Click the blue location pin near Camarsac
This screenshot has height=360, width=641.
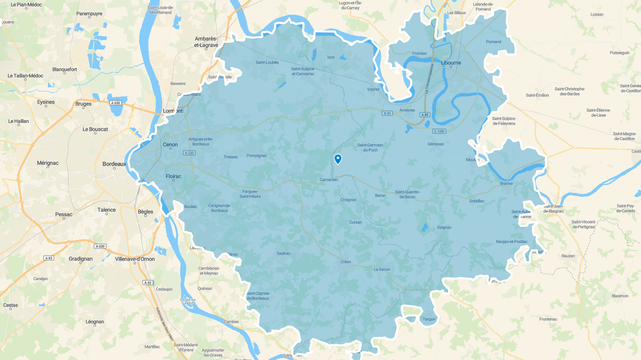338,159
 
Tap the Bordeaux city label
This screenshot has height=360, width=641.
114,164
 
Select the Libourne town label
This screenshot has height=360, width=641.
451,62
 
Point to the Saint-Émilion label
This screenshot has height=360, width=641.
537,95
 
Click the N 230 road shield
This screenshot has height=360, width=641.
189,153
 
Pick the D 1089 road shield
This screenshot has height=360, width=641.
439,131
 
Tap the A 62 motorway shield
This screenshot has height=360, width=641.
147,282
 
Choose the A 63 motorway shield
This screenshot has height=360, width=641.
49,258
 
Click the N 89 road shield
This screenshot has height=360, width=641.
387,112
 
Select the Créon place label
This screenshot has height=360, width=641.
346,262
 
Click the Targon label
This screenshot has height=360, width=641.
429,319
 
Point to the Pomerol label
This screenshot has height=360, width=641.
494,42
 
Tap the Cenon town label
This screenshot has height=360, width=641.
170,145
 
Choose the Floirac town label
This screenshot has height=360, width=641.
173,176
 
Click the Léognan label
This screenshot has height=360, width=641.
95,322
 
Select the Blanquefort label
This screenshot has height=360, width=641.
65,69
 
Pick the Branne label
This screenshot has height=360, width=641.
506,184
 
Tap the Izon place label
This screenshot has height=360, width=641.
331,57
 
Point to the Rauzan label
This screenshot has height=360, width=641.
568,256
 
